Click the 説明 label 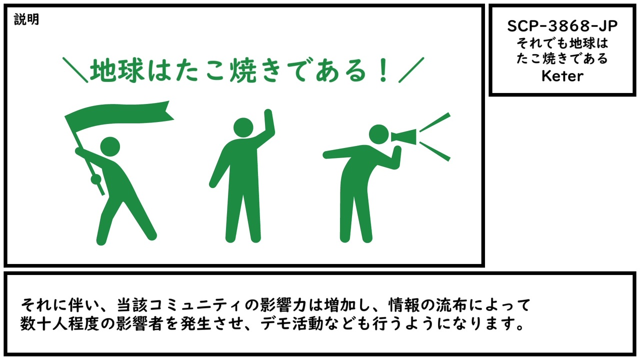pos(26,19)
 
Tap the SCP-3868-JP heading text pos(562,26)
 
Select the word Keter pos(562,76)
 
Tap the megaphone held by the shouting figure pos(403,137)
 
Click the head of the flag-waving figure pos(110,146)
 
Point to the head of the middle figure pos(243,127)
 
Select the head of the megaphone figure pos(379,134)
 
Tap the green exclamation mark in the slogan pos(383,70)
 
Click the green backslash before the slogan pos(75,70)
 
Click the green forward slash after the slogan pos(411,70)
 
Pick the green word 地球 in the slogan pos(116,70)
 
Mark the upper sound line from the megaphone pos(435,122)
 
